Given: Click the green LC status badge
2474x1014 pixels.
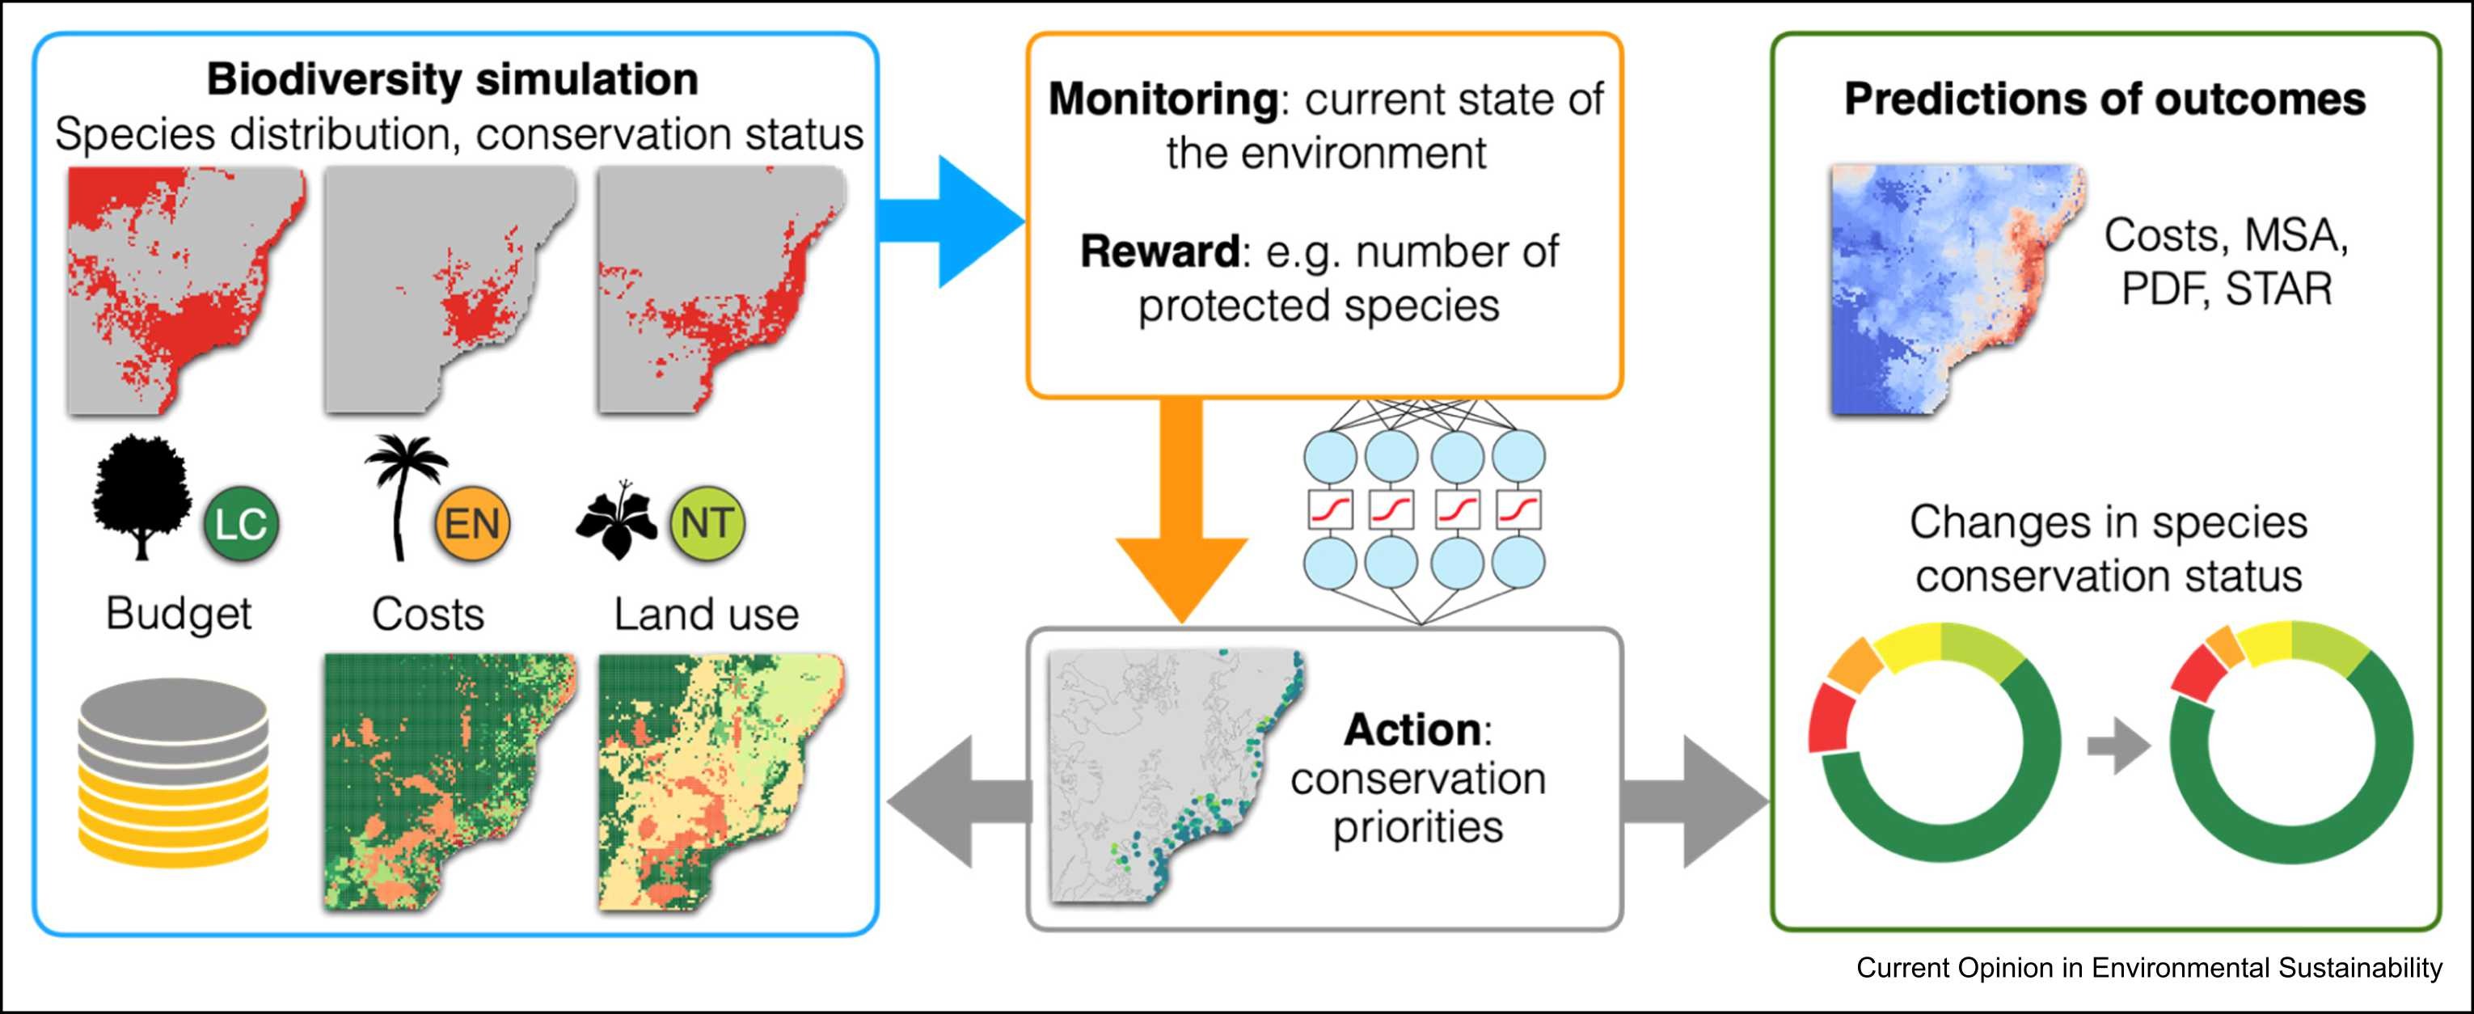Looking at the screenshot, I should pyautogui.click(x=240, y=524).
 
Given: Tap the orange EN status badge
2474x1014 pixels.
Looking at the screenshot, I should pyautogui.click(x=471, y=524).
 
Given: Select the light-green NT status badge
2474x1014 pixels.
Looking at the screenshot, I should pyautogui.click(x=707, y=523).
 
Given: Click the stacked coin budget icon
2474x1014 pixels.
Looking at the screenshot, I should pyautogui.click(x=173, y=773).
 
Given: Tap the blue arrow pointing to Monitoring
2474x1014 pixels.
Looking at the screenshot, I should pyautogui.click(x=951, y=221).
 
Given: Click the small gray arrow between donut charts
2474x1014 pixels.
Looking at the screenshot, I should pyautogui.click(x=2117, y=746).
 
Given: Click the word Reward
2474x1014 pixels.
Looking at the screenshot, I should pyautogui.click(x=1159, y=251).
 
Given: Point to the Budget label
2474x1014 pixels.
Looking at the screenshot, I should pyautogui.click(x=179, y=614).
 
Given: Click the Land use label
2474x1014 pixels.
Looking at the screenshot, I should pyautogui.click(x=706, y=615).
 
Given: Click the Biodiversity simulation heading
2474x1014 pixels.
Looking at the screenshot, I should pyautogui.click(x=452, y=78).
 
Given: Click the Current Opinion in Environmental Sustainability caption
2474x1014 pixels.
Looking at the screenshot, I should pyautogui.click(x=2149, y=968).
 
